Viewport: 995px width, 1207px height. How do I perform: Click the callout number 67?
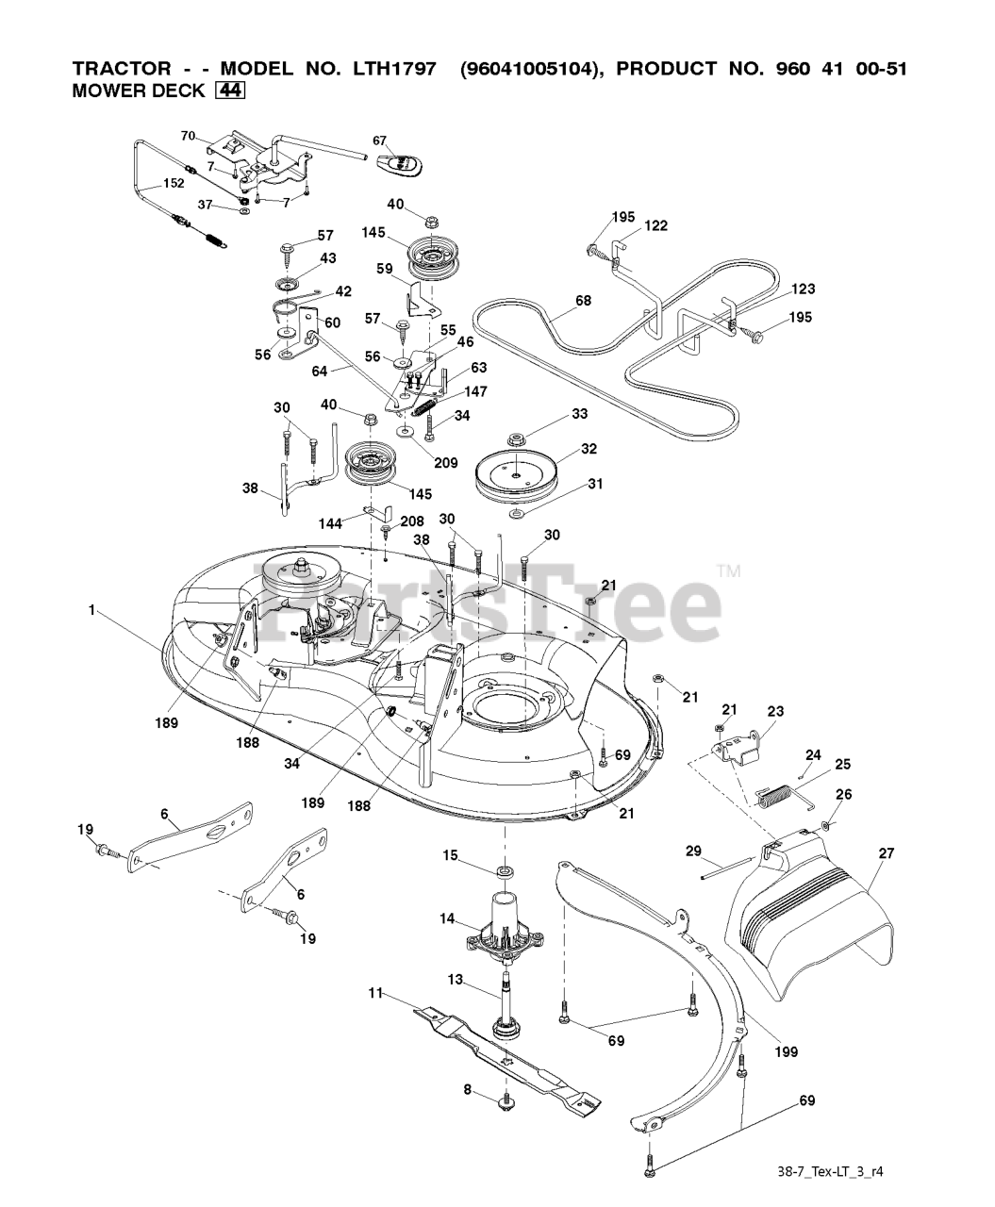[x=379, y=141]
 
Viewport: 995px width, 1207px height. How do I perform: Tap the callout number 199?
[x=786, y=1051]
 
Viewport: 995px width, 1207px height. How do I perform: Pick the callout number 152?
[x=173, y=183]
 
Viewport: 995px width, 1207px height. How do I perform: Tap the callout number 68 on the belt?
[x=584, y=301]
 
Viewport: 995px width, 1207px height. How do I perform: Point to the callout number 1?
[x=92, y=610]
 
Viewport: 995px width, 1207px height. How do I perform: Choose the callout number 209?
[x=445, y=463]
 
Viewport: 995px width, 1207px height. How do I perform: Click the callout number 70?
[x=188, y=136]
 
